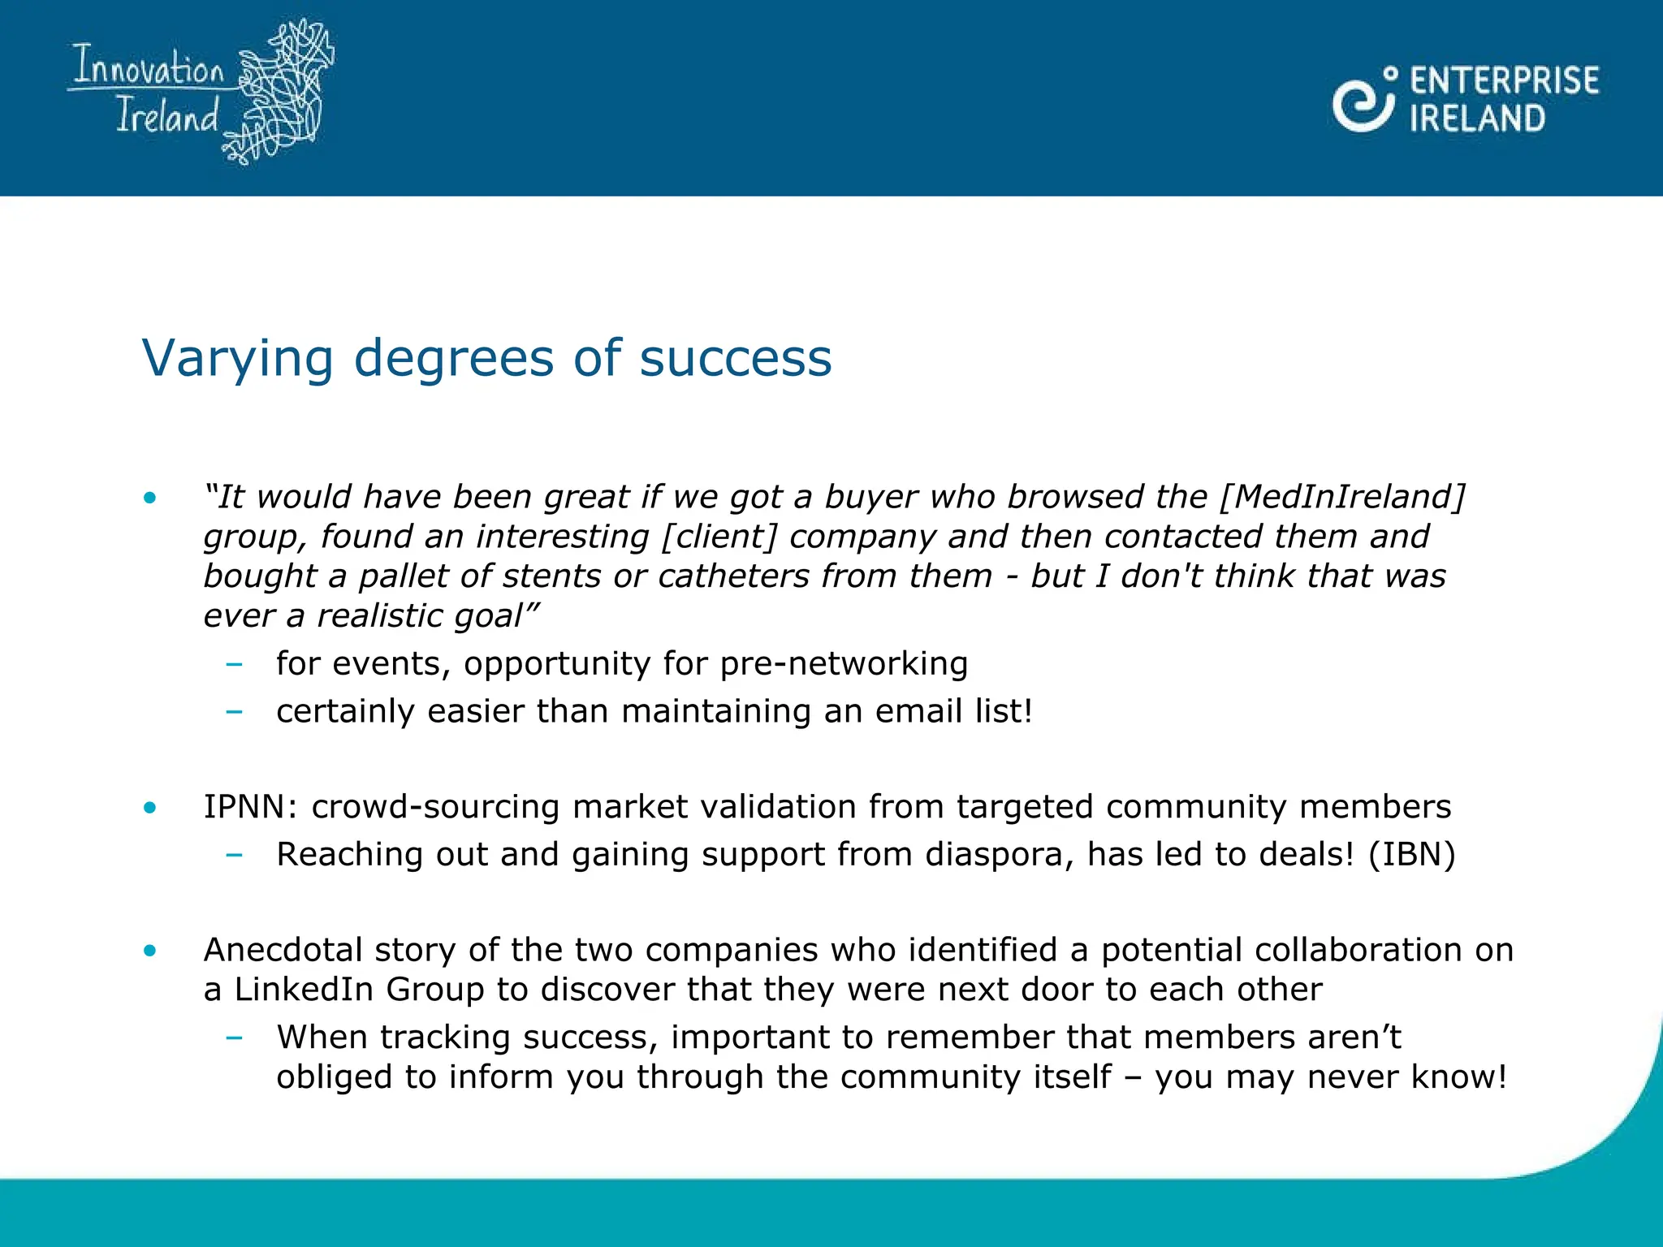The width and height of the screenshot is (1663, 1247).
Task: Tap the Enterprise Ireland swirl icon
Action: click(1363, 101)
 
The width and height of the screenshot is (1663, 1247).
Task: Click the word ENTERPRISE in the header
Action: click(1504, 81)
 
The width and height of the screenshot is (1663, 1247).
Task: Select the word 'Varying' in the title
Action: click(237, 358)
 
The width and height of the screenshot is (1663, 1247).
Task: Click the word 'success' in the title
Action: click(736, 358)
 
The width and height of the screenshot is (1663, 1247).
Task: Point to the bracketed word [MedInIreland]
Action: click(1342, 497)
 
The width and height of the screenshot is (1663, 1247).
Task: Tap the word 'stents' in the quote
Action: click(552, 576)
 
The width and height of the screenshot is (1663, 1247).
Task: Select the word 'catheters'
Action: click(734, 576)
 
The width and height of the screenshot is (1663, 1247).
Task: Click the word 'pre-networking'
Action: click(844, 664)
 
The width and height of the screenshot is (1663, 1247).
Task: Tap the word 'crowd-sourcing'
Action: click(435, 807)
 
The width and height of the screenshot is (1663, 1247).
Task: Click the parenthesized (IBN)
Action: click(1411, 855)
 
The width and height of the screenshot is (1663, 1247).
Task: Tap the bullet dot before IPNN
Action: click(149, 808)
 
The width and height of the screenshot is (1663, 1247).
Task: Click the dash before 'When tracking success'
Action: click(235, 1038)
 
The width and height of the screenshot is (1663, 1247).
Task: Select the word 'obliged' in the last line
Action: click(335, 1077)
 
